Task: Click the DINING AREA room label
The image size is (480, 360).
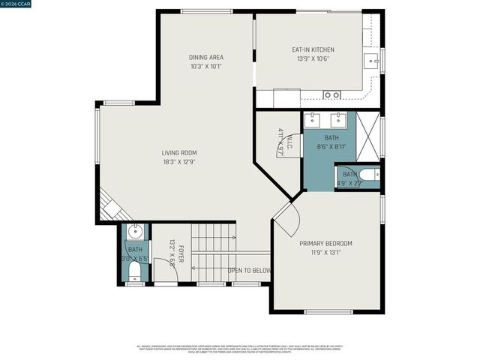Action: click(x=205, y=57)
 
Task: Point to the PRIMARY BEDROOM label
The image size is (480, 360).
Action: click(x=325, y=244)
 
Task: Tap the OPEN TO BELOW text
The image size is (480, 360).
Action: click(x=250, y=270)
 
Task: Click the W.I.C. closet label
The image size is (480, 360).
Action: click(x=280, y=135)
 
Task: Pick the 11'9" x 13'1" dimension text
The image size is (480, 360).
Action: click(x=325, y=253)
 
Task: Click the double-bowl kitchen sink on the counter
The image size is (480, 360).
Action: click(x=331, y=95)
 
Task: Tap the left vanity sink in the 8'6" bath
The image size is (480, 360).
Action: click(x=314, y=120)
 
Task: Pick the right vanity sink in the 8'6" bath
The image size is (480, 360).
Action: click(x=338, y=120)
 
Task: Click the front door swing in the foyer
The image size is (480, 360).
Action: click(x=168, y=276)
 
